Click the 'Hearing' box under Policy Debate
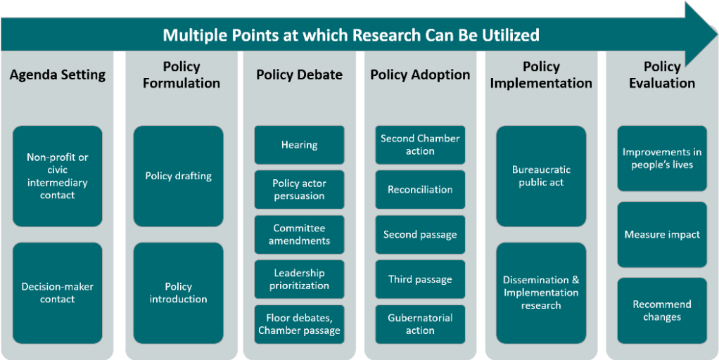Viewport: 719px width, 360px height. pyautogui.click(x=299, y=145)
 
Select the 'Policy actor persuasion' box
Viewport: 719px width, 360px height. pyautogui.click(x=299, y=190)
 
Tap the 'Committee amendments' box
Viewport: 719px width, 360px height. pyautogui.click(x=299, y=234)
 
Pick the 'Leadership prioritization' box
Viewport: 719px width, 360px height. pyautogui.click(x=299, y=279)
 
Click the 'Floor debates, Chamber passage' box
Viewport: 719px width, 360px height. pyautogui.click(x=299, y=324)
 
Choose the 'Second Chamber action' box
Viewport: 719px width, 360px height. pyautogui.click(x=420, y=145)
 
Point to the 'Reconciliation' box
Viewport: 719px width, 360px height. pyautogui.click(x=420, y=190)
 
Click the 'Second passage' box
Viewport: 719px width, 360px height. pyautogui.click(x=420, y=234)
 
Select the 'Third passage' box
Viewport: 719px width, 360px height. pyautogui.click(x=420, y=279)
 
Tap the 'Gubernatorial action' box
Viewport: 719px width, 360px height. pyautogui.click(x=420, y=324)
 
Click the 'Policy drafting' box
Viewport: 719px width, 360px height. pyautogui.click(x=178, y=176)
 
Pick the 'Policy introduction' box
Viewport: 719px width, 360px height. pyautogui.click(x=178, y=292)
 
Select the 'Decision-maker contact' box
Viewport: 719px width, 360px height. pyautogui.click(x=57, y=292)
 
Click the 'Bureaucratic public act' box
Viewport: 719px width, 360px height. pyautogui.click(x=541, y=176)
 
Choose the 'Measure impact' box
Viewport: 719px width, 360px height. pyautogui.click(x=662, y=234)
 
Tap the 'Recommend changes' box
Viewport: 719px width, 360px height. pyautogui.click(x=662, y=311)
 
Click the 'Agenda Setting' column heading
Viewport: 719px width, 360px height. pyautogui.click(x=58, y=75)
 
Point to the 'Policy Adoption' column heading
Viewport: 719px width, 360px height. pyautogui.click(x=420, y=75)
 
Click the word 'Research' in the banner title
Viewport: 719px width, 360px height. pyautogui.click(x=383, y=34)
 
